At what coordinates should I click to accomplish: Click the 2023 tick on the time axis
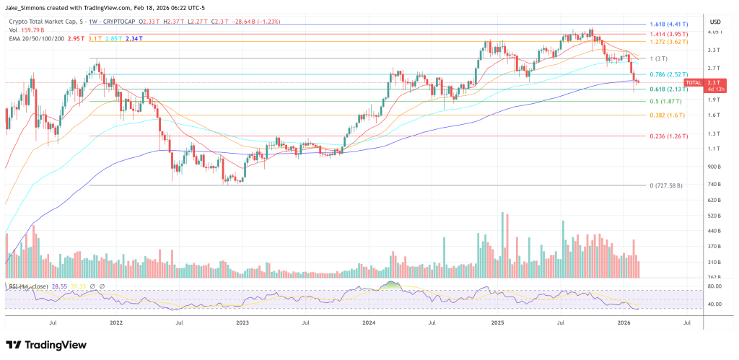point(242,324)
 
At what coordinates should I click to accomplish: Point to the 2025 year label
point(497,324)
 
